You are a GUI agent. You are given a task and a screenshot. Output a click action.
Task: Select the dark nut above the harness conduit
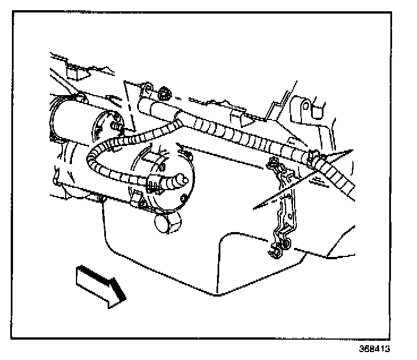pyautogui.click(x=165, y=91)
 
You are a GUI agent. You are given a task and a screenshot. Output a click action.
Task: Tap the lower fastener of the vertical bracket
pyautogui.click(x=281, y=245)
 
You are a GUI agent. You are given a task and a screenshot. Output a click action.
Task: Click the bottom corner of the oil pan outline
pyautogui.click(x=215, y=294)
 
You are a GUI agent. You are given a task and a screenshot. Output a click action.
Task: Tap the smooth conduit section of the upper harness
pyautogui.click(x=159, y=107)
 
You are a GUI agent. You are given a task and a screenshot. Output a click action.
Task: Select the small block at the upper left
pyautogui.click(x=74, y=72)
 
